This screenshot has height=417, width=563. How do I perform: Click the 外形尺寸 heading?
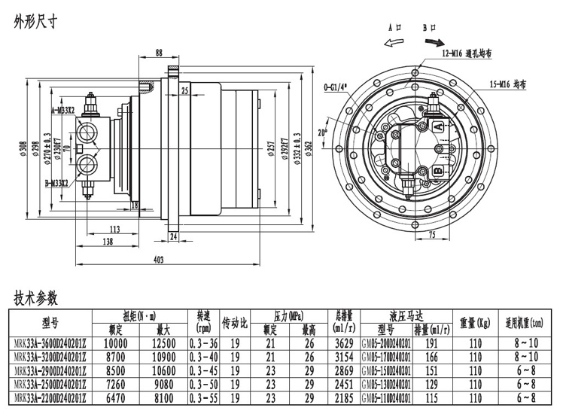(x=36, y=22)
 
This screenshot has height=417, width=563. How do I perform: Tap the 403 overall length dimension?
(x=158, y=260)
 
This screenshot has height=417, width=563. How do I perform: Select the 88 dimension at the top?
(x=159, y=52)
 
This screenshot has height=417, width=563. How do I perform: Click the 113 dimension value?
(x=114, y=228)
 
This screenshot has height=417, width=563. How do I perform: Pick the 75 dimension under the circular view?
(x=431, y=235)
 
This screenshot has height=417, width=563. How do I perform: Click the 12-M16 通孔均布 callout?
(x=467, y=54)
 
